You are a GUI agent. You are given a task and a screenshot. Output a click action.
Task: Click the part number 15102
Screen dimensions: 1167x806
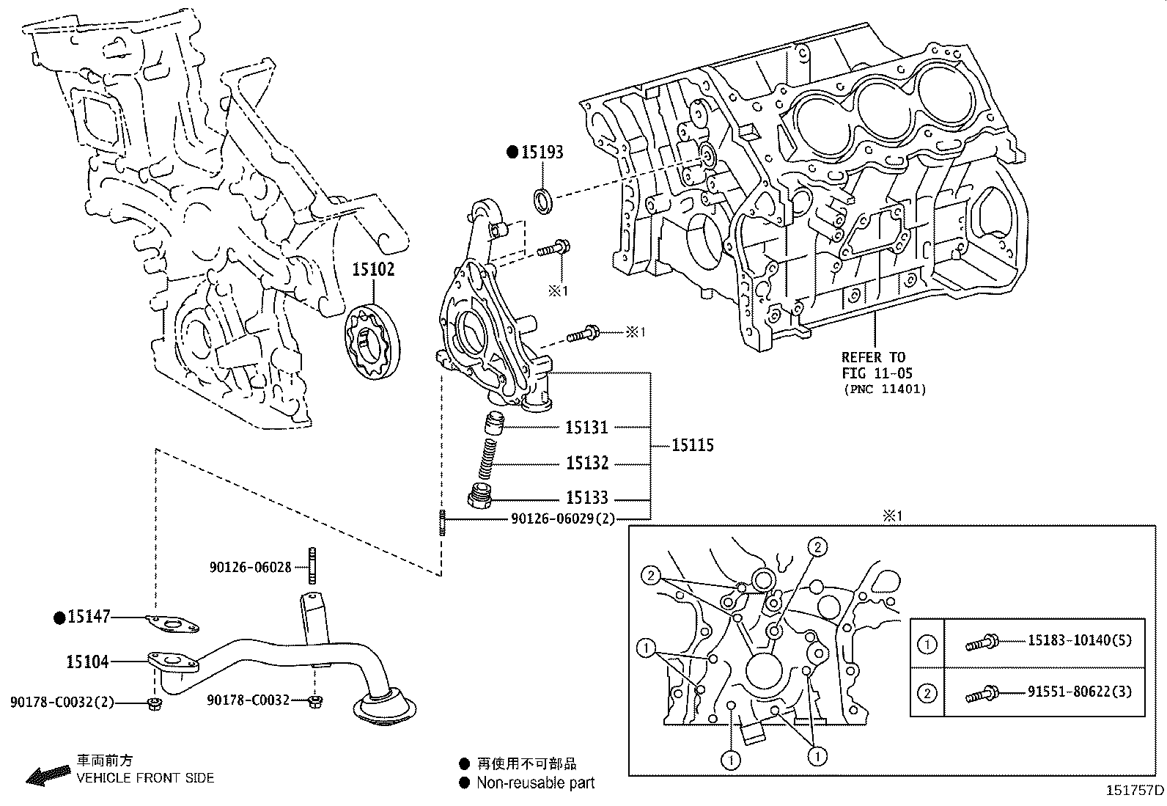point(373,270)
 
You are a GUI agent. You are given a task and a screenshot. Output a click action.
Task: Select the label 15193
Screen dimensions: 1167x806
point(542,153)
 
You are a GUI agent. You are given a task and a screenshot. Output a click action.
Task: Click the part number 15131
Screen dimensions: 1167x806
point(586,428)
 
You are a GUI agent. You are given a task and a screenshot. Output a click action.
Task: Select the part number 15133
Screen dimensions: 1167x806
point(586,498)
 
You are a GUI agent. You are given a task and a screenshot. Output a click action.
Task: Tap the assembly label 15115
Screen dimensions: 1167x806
point(693,445)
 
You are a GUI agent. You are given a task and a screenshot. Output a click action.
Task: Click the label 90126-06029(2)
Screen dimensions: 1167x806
point(563,519)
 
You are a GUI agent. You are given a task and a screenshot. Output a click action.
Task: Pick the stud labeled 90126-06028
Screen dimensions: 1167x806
point(312,565)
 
